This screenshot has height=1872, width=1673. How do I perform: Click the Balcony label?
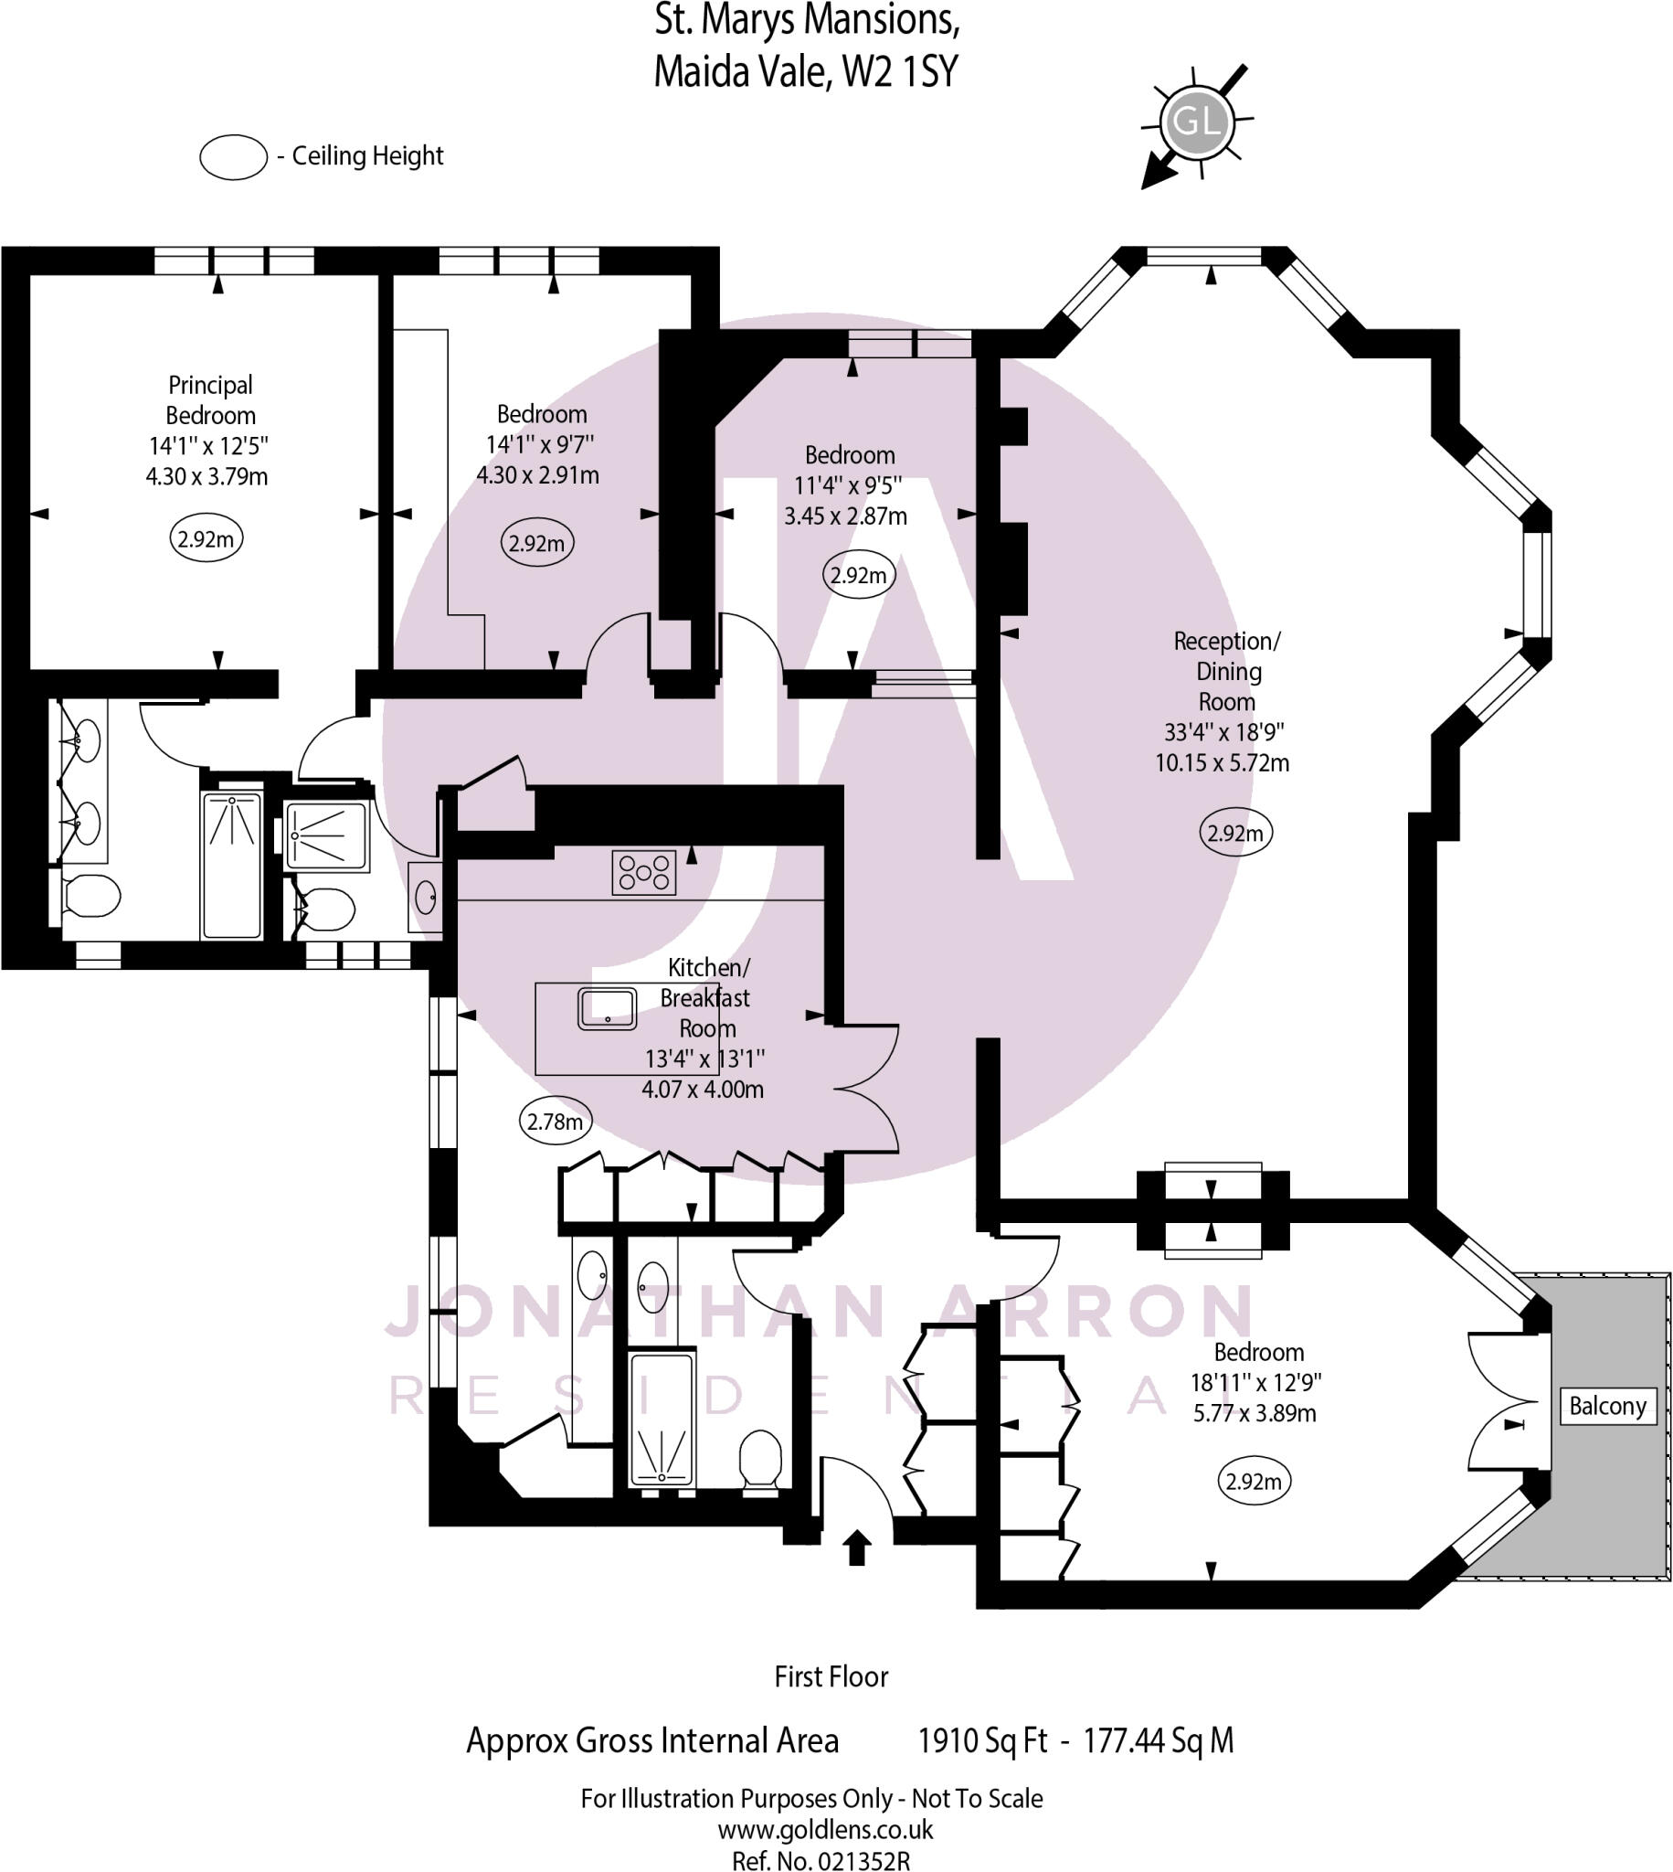point(1607,1406)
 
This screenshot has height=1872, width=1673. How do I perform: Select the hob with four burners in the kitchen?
point(643,872)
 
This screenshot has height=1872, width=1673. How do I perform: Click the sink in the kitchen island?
point(607,1008)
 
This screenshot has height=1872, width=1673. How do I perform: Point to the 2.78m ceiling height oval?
point(555,1121)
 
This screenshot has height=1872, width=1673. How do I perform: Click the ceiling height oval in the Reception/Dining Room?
point(1234,833)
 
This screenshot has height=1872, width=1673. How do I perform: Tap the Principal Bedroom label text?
point(210,400)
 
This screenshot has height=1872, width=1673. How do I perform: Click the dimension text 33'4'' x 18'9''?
point(1223,732)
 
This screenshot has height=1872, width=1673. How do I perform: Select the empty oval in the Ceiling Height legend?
point(234,157)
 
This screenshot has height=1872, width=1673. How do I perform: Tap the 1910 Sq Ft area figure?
point(981,1739)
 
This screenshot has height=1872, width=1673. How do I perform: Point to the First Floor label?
point(831,1676)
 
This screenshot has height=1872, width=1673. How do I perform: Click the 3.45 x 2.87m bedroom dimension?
point(845,516)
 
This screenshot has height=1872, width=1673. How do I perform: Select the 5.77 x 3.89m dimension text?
point(1254,1413)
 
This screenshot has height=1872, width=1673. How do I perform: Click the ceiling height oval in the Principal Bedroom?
point(206,538)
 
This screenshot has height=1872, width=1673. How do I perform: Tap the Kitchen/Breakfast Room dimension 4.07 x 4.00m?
point(703,1089)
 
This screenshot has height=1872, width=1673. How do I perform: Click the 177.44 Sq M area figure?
point(1158,1739)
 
